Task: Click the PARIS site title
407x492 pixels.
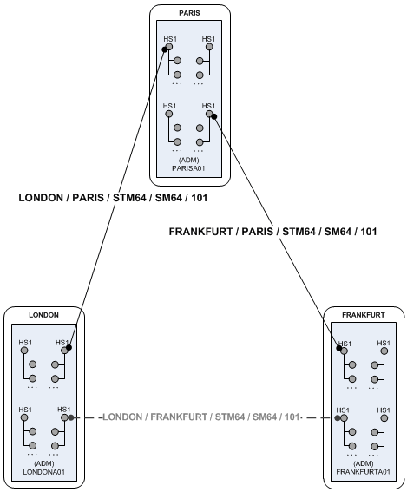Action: pyautogui.click(x=189, y=13)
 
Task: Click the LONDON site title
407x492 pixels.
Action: pyautogui.click(x=43, y=316)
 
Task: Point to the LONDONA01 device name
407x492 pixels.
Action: pyautogui.click(x=43, y=473)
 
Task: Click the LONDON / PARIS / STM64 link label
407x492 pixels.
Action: pyautogui.click(x=113, y=198)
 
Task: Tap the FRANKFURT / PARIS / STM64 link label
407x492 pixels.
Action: pyautogui.click(x=272, y=232)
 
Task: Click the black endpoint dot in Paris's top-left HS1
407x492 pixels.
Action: pyautogui.click(x=163, y=49)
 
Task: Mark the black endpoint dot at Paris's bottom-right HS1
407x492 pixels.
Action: pyautogui.click(x=213, y=116)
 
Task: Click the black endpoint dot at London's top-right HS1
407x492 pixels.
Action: pyautogui.click(x=69, y=348)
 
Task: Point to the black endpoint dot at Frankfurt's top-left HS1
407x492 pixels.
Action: pyautogui.click(x=338, y=349)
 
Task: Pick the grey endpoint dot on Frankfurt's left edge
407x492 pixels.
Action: pyautogui.click(x=338, y=417)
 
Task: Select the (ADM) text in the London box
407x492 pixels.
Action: pyautogui.click(x=43, y=464)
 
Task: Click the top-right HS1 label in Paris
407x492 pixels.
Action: pyautogui.click(x=208, y=39)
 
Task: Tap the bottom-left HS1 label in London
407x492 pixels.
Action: pyautogui.click(x=25, y=410)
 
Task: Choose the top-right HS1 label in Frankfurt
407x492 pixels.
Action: pyautogui.click(x=383, y=344)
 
